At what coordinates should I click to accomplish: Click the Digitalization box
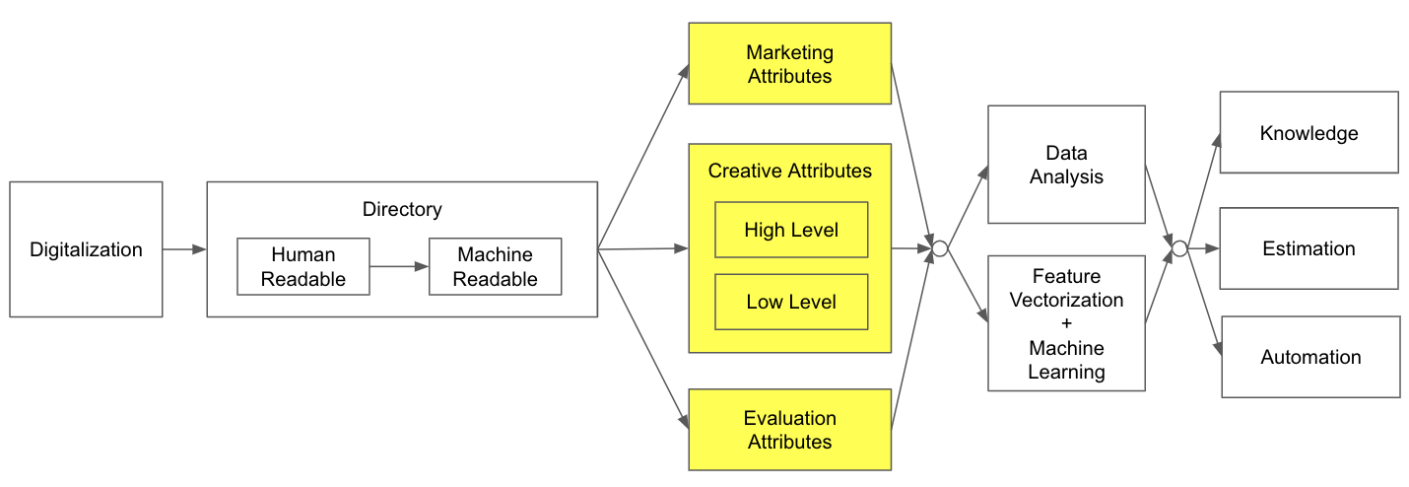point(86,249)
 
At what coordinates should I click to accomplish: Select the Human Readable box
point(303,266)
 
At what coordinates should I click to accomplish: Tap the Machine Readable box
point(495,266)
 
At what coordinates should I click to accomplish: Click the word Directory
point(402,209)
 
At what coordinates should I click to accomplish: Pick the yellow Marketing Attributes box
point(789,63)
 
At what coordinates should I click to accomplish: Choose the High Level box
point(791,230)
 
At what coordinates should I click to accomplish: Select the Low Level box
point(791,302)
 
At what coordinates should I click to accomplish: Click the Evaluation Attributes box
point(789,430)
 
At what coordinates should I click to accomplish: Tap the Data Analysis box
point(1066,165)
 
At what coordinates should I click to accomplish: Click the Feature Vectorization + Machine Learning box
point(1066,323)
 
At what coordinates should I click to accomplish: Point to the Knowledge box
point(1308,134)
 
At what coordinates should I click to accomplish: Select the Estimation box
point(1308,248)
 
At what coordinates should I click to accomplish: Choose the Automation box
point(1310,357)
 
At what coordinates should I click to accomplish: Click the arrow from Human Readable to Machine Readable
point(399,266)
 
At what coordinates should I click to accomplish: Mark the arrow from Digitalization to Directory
point(184,249)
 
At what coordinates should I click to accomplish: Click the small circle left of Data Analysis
point(940,249)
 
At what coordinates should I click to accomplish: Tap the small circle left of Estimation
point(1179,248)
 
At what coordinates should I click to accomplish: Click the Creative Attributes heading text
point(789,171)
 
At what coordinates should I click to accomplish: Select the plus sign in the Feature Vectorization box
point(1066,323)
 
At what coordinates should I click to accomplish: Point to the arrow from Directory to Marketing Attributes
point(643,158)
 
